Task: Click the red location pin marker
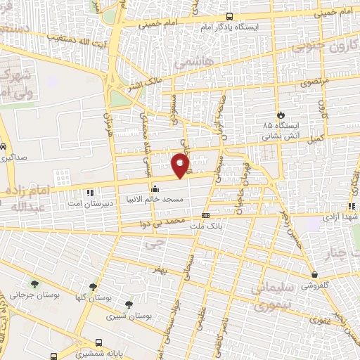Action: [x=181, y=165]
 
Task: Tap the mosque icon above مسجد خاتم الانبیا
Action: [x=155, y=188]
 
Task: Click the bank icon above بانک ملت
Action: [x=205, y=215]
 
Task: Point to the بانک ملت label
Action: [x=210, y=226]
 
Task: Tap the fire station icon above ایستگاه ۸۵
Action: [x=281, y=115]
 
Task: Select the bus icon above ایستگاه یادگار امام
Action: [x=229, y=17]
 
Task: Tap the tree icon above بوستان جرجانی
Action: [x=34, y=284]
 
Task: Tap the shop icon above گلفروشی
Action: [x=313, y=275]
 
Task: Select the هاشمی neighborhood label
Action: [x=190, y=63]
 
